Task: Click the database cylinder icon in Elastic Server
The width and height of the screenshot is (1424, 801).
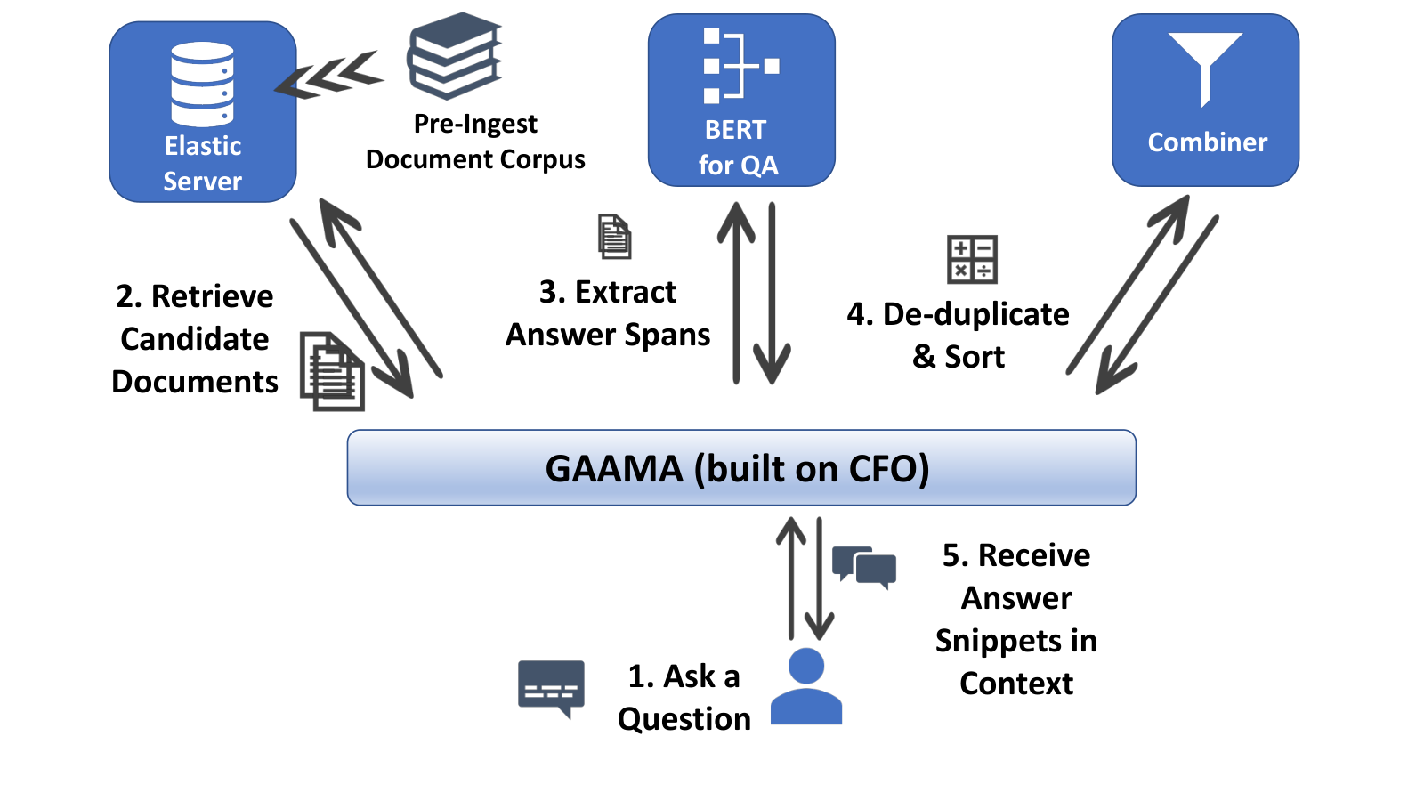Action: click(202, 84)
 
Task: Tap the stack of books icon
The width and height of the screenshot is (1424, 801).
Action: click(455, 56)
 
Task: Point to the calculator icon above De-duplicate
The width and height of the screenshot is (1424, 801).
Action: click(972, 259)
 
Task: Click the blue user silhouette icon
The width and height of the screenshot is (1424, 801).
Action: click(806, 686)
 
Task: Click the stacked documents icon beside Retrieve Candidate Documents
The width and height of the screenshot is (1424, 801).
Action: click(333, 371)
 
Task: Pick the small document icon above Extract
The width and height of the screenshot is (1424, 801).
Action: click(614, 237)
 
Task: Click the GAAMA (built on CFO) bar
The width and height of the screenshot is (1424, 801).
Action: click(741, 468)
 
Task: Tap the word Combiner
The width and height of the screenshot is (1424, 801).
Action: click(1207, 142)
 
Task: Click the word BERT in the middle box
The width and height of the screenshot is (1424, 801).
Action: click(735, 130)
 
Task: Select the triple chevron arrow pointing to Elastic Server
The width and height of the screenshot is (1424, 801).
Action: click(329, 75)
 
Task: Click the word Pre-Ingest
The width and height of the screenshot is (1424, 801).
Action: click(475, 125)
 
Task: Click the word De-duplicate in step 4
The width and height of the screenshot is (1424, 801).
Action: click(975, 314)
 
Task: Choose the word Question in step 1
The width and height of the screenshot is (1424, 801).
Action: click(684, 720)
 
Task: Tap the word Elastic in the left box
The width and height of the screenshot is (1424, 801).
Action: click(203, 146)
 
